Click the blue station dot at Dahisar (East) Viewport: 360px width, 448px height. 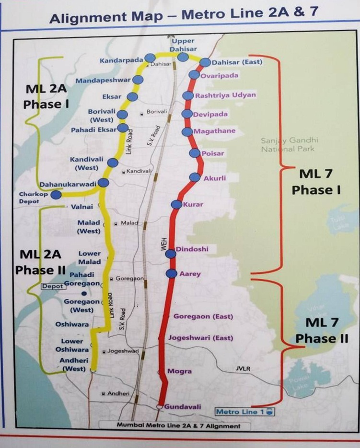(x=205, y=62)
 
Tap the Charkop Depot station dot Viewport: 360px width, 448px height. (x=56, y=195)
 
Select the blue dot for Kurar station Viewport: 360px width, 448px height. (x=176, y=205)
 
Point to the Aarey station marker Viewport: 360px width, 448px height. (x=171, y=273)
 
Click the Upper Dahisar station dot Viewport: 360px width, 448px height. (x=183, y=57)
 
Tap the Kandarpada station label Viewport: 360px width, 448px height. (x=122, y=60)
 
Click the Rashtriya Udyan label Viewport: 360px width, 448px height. (x=225, y=95)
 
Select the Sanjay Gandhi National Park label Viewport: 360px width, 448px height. (x=290, y=145)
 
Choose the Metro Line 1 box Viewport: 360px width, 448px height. (x=244, y=412)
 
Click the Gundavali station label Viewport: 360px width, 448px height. (x=183, y=407)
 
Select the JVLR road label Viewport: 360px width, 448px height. (x=243, y=368)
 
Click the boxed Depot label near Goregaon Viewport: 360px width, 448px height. (x=52, y=286)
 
